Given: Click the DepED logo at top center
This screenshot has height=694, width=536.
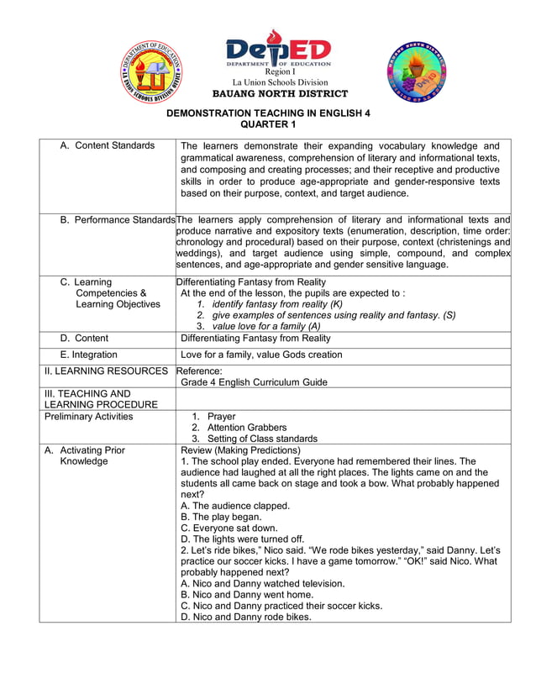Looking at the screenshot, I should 278,48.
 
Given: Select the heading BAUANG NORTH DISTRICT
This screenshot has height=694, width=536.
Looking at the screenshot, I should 280,93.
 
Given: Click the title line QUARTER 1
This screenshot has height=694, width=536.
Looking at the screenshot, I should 268,124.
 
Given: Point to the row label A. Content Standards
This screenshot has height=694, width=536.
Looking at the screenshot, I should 108,146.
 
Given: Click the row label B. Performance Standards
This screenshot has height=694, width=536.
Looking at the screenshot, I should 118,220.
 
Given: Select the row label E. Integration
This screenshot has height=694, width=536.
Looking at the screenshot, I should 88,355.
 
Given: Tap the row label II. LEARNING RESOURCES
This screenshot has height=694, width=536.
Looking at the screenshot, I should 106,371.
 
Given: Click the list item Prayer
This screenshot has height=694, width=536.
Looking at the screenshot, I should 221,417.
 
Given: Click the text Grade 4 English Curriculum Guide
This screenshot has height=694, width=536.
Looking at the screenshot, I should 254,382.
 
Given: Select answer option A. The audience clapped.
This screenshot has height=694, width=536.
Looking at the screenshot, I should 235,506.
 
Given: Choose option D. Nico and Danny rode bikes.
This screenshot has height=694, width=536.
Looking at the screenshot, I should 245,616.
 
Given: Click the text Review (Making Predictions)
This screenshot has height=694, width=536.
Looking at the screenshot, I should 240,450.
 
